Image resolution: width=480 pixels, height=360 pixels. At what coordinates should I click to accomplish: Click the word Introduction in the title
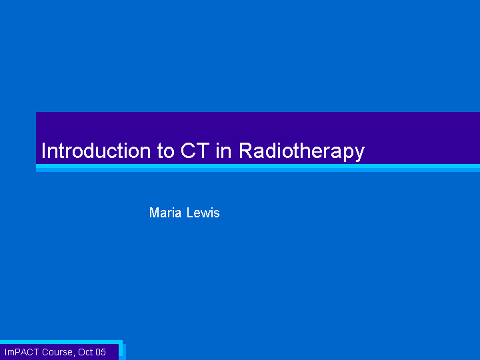click(96, 151)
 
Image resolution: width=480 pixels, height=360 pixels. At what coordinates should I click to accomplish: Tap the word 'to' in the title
click(165, 151)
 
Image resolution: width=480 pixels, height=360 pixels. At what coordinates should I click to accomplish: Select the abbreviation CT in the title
click(195, 151)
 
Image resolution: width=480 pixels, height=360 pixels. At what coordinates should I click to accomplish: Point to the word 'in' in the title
click(223, 151)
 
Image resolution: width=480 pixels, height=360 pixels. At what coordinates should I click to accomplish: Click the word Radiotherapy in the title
click(301, 152)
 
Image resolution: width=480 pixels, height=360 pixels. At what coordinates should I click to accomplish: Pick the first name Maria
click(165, 213)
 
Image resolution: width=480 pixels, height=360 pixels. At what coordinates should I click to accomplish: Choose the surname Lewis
click(203, 213)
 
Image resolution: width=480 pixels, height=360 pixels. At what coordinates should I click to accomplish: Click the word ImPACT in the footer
click(22, 352)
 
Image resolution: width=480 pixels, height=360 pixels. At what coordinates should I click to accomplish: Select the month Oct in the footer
click(85, 352)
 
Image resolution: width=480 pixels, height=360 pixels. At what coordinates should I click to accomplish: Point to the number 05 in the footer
click(101, 352)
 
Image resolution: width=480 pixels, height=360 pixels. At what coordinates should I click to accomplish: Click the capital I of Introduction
click(43, 151)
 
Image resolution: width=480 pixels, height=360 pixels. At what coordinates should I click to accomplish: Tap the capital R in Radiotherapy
click(246, 151)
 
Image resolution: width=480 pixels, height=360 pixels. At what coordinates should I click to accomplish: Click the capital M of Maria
click(154, 213)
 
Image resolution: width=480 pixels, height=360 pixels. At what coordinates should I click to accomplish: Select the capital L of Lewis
click(190, 213)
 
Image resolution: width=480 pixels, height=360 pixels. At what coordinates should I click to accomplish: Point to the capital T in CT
click(203, 151)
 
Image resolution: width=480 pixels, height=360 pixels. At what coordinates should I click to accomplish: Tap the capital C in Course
click(45, 352)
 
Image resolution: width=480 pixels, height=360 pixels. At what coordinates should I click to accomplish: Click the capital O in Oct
click(81, 352)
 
